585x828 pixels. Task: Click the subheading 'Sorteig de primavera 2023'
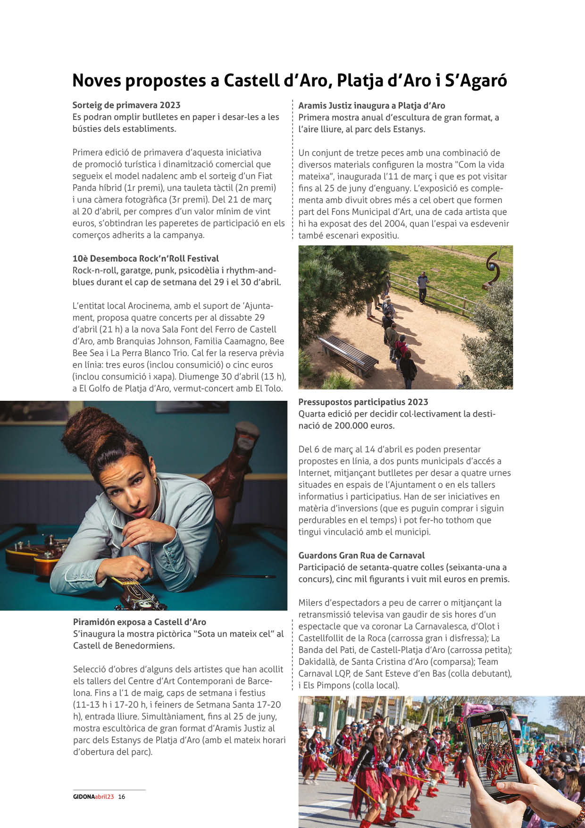point(126,105)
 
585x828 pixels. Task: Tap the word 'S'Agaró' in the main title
point(476,81)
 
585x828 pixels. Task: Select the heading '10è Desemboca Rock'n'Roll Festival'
point(146,258)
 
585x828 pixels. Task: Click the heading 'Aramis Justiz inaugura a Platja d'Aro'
point(372,105)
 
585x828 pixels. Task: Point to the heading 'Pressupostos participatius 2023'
point(363,402)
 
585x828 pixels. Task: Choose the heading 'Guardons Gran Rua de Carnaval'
point(361,555)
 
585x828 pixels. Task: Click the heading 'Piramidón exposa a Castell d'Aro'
point(140,622)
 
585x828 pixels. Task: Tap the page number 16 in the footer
point(122,796)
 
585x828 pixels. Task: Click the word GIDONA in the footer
point(84,796)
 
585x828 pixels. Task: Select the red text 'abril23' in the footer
point(104,796)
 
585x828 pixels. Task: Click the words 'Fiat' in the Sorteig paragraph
point(265,176)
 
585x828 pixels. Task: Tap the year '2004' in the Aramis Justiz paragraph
point(394,223)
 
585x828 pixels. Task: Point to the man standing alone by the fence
point(422,286)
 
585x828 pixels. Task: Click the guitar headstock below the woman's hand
point(142,597)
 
